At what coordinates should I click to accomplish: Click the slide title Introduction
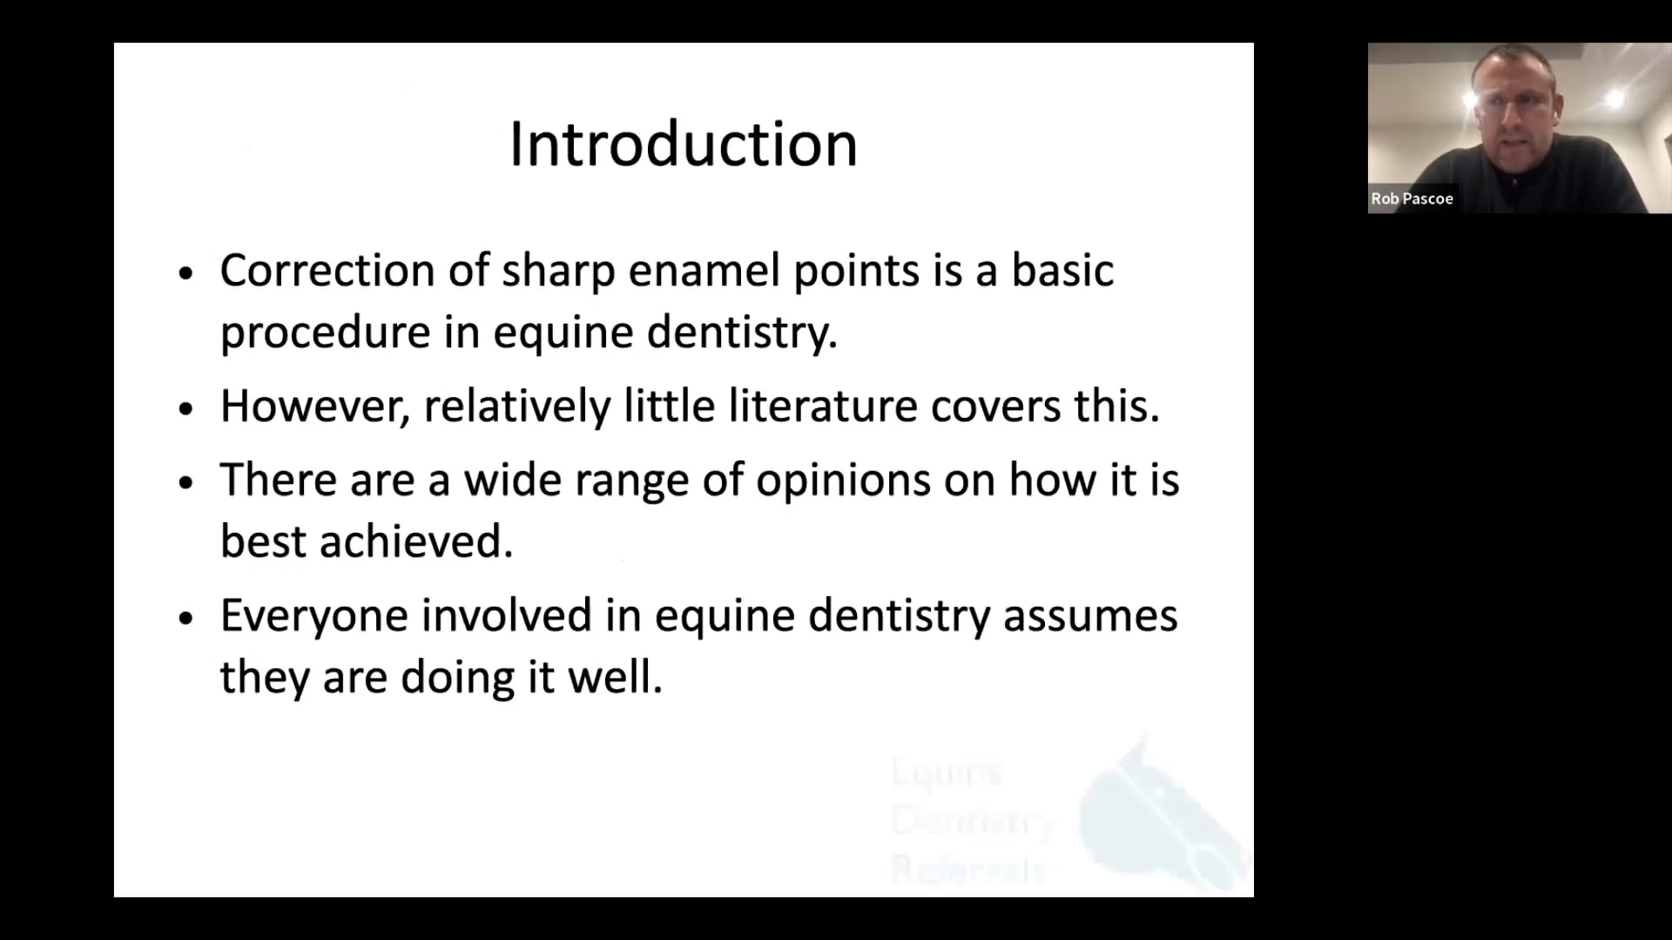point(684,144)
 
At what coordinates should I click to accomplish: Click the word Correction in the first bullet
point(327,271)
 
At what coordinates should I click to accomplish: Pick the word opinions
point(843,480)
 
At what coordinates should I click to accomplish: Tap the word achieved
point(415,541)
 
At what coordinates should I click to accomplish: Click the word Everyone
point(313,616)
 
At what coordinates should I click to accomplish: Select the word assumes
point(1090,616)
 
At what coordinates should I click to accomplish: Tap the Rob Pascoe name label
point(1412,198)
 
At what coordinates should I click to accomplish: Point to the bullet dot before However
point(185,408)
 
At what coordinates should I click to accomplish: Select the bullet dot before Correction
point(185,273)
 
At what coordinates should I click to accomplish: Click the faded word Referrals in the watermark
point(967,869)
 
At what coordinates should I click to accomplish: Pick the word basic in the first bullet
point(1062,271)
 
